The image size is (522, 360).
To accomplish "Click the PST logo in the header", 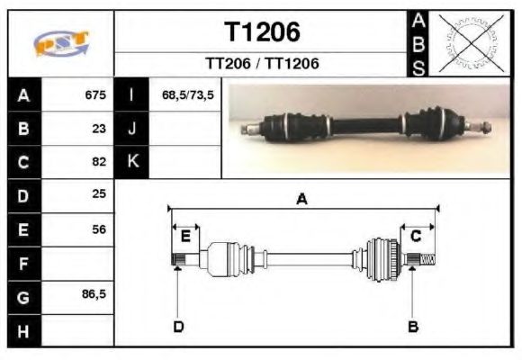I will [61, 44].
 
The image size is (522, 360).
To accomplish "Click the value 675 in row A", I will [94, 95].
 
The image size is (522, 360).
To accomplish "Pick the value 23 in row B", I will [99, 129].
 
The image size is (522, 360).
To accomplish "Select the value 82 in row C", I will [99, 162].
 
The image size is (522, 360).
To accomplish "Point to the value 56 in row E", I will [99, 229].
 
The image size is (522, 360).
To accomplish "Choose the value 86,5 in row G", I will [94, 295].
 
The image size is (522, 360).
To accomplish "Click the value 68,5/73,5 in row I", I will [187, 95].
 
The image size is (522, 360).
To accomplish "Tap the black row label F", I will [23, 263].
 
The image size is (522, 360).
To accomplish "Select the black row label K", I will [132, 162].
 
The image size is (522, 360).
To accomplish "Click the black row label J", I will [132, 129].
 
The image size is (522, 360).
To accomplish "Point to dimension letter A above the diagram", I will [302, 200].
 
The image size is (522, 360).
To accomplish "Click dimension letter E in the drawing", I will [185, 237].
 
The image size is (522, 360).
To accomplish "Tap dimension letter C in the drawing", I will [416, 237].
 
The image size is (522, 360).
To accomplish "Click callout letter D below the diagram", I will [178, 326].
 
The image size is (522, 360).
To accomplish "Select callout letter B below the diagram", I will [413, 326].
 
